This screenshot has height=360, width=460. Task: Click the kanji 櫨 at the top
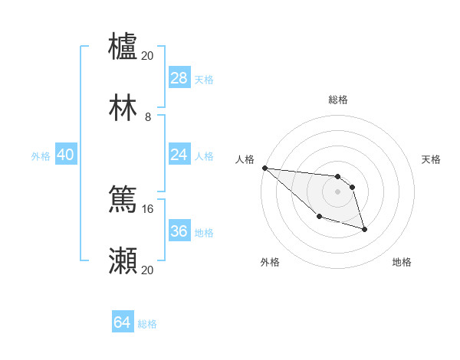(123, 46)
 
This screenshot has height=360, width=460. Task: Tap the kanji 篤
(123, 200)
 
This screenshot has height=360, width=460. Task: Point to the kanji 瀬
(123, 261)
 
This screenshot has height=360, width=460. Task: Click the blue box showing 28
(179, 77)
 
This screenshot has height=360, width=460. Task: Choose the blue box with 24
(179, 155)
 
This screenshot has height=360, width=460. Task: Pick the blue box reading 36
(179, 231)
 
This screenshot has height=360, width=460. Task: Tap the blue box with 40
(66, 155)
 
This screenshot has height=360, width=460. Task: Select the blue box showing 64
(122, 322)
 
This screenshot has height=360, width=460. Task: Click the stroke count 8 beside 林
(147, 117)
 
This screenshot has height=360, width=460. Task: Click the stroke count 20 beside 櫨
(148, 55)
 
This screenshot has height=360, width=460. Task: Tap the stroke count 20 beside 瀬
(148, 270)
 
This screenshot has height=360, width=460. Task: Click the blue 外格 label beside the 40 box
(41, 155)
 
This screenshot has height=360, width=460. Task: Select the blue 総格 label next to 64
(147, 324)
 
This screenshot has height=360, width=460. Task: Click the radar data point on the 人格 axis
(264, 168)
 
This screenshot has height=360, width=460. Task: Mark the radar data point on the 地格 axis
(364, 229)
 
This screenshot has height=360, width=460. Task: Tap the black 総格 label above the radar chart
(337, 100)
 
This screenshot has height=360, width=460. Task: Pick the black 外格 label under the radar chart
(270, 262)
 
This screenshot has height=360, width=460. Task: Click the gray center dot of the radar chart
(337, 191)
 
